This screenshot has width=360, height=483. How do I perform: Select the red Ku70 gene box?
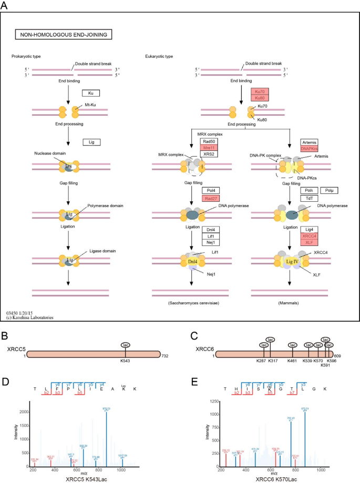coord(258,91)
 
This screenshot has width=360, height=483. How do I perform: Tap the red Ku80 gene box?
coord(258,98)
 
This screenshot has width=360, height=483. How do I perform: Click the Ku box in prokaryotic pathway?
coord(90,93)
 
